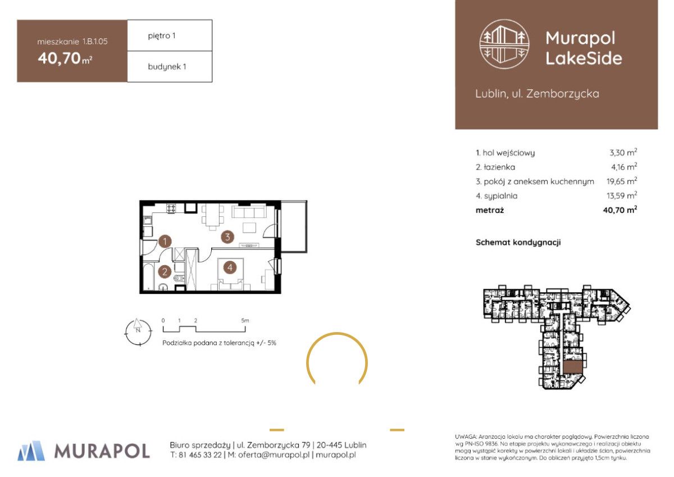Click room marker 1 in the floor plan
[165, 242]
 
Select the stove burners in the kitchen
[172, 208]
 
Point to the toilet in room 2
[178, 278]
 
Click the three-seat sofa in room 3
[249, 212]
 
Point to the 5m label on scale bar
[245, 320]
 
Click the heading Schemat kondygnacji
[518, 243]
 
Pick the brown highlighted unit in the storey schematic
[573, 367]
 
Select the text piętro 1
[161, 36]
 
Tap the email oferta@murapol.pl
[274, 455]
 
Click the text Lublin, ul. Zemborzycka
[537, 94]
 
